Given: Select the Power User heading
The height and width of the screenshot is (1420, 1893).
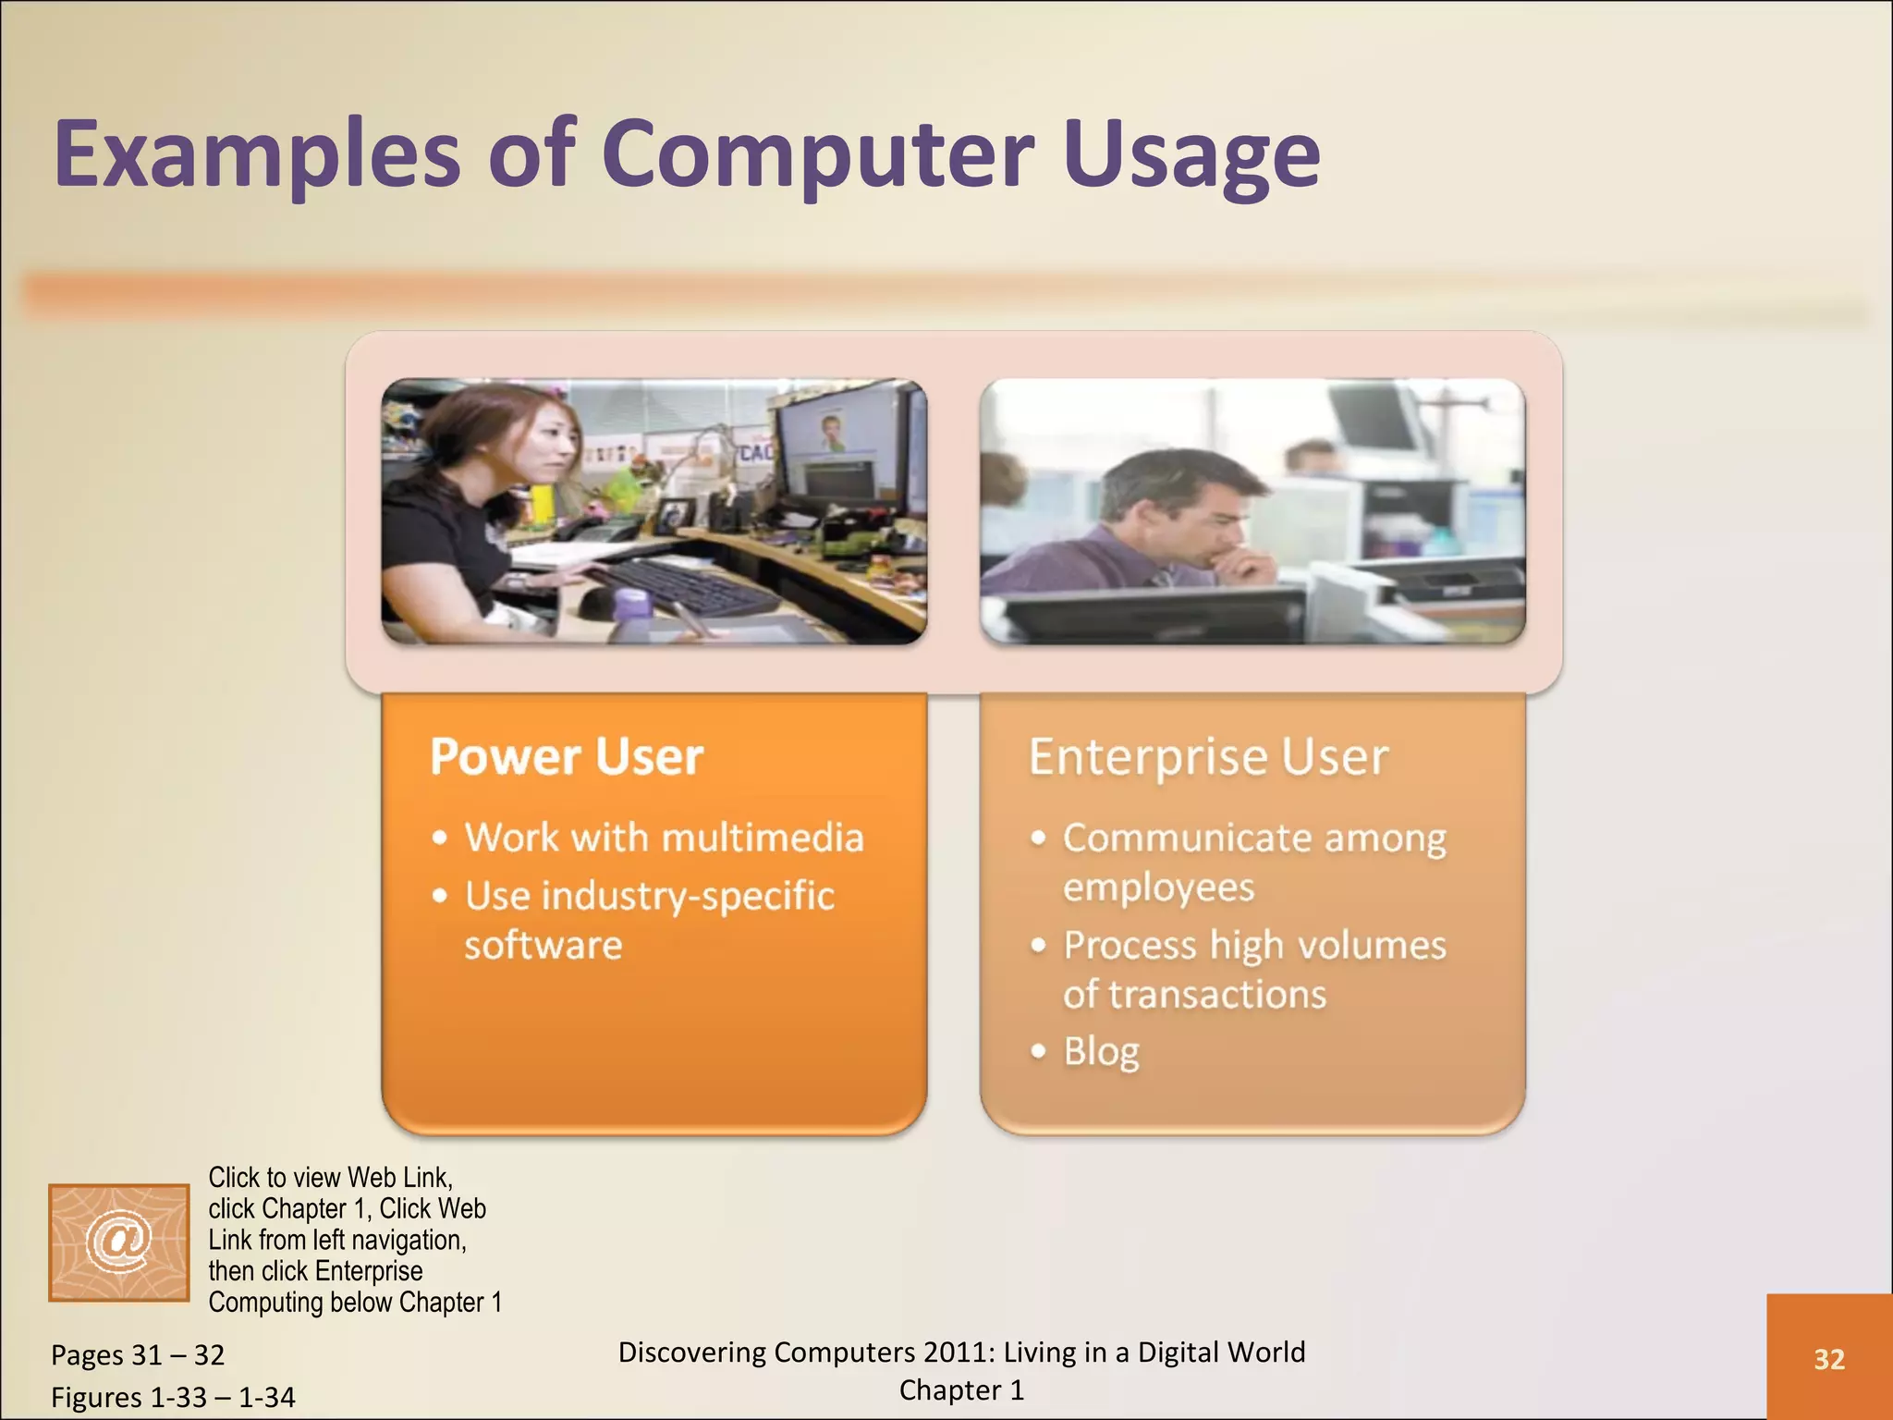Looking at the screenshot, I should tap(567, 756).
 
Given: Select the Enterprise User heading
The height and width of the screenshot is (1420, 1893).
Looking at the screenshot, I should tap(1208, 756).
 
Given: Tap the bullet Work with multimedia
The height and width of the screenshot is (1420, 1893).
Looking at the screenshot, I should tap(664, 838).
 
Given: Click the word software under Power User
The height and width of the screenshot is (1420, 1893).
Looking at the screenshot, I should tap(543, 945).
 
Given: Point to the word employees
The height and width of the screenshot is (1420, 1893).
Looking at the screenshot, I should tap(1158, 887).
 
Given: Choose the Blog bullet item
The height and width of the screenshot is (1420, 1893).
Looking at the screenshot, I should tap(1101, 1051).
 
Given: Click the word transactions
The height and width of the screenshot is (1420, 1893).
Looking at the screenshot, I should tap(1217, 995).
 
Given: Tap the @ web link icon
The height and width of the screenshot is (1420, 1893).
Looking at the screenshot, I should tap(118, 1242).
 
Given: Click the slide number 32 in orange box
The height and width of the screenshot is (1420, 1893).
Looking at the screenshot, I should tap(1828, 1359).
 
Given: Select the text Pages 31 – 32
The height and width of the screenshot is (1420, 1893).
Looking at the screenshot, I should tap(138, 1355).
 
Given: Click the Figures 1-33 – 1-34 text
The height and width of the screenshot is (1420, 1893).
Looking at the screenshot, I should tap(173, 1397).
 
